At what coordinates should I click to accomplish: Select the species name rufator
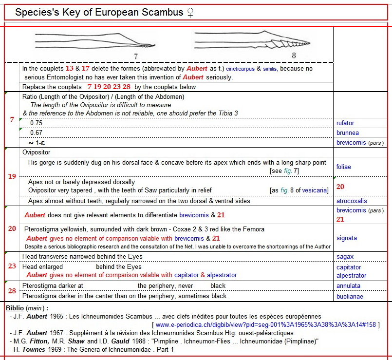pos(345,123)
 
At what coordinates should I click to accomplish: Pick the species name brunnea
pos(347,133)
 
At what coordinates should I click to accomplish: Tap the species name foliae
pos(343,167)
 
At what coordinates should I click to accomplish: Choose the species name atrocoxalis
pos(352,201)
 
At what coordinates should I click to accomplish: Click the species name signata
pos(346,238)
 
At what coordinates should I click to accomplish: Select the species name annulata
pos(348,285)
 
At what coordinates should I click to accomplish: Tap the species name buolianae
pos(350,296)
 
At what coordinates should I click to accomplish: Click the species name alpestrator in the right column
pos(352,275)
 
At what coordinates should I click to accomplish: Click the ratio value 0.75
pos(36,123)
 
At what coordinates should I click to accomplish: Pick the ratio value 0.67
pos(36,133)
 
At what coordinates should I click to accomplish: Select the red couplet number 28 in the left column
pos(12,291)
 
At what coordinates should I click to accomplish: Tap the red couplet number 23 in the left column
pos(12,266)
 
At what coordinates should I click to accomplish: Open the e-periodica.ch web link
pos(266,324)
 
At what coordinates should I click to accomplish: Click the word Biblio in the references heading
pos(15,308)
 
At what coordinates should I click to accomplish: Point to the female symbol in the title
pos(189,13)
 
